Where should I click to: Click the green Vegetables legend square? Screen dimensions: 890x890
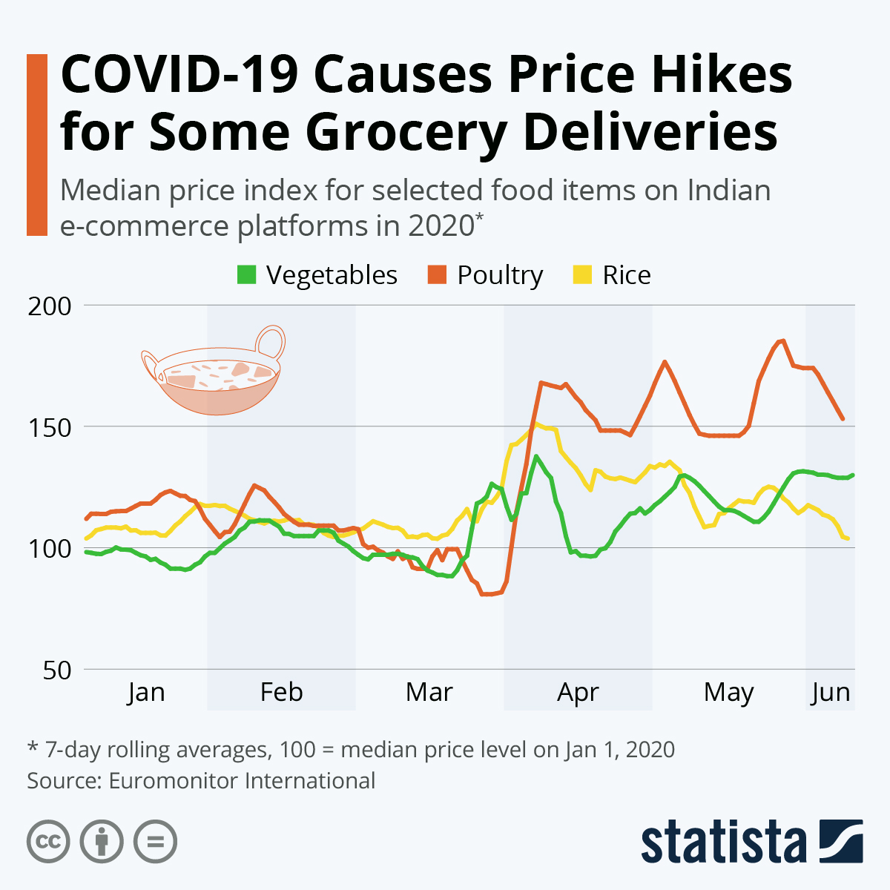(x=246, y=275)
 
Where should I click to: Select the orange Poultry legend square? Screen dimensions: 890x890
(x=438, y=275)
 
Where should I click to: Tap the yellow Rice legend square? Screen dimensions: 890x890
(x=583, y=275)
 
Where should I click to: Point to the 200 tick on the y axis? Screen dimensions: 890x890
(x=50, y=306)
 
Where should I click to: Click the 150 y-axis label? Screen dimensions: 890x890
(x=50, y=427)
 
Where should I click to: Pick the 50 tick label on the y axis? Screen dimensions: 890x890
(x=57, y=670)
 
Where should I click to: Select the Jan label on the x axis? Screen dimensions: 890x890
(x=145, y=693)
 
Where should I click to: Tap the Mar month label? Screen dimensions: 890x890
(x=429, y=693)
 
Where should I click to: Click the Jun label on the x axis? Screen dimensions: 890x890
(x=830, y=693)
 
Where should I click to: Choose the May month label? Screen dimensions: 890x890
(x=728, y=693)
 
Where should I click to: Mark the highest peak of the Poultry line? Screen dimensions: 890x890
(x=782, y=340)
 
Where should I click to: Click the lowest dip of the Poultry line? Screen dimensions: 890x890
(x=487, y=594)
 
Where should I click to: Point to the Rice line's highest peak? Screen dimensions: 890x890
(x=536, y=424)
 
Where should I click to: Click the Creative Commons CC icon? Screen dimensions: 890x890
(x=48, y=842)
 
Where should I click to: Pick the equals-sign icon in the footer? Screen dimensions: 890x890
(x=155, y=842)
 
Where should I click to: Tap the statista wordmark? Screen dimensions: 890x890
(x=723, y=842)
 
